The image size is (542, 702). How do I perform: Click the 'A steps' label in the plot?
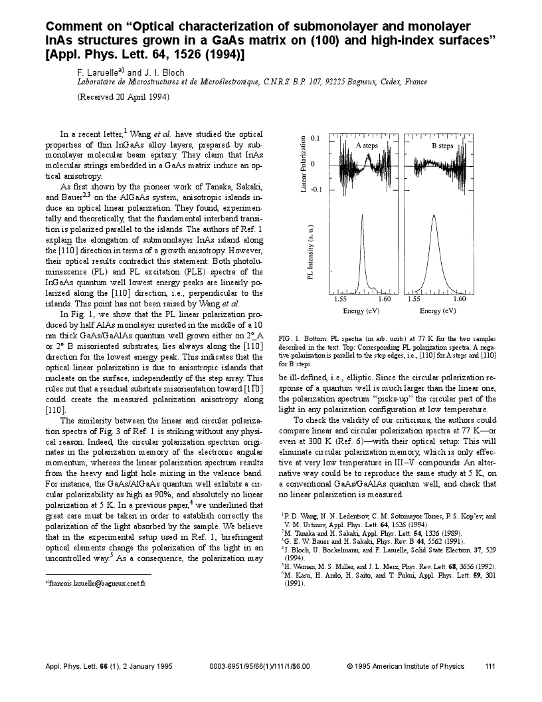[367, 146]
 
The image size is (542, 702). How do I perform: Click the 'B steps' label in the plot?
[442, 146]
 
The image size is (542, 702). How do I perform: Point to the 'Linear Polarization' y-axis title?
[304, 165]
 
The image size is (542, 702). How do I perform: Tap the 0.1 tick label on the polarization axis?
[316, 139]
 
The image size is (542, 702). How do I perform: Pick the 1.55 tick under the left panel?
[341, 300]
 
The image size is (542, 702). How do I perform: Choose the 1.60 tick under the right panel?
[460, 300]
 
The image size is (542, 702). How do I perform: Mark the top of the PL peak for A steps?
[362, 215]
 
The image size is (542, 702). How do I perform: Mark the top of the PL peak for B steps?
[433, 216]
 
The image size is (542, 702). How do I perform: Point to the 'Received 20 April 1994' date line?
[124, 96]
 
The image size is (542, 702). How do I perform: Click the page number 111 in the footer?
[490, 665]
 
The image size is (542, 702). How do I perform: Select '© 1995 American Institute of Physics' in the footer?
[406, 665]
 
